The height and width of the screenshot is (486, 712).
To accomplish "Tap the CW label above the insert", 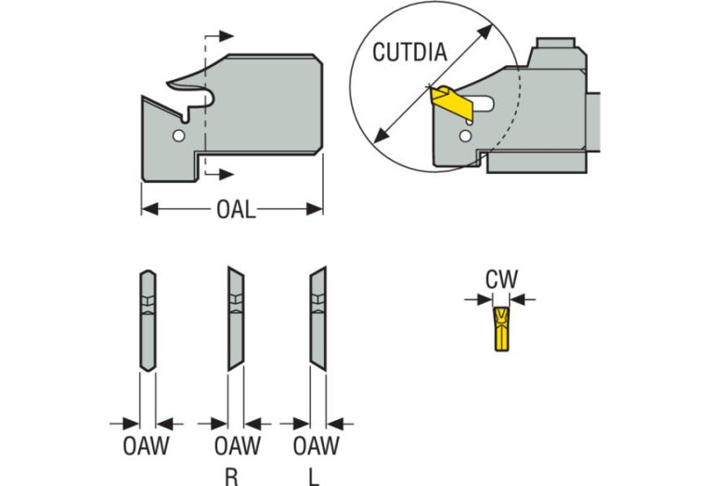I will pos(501,279).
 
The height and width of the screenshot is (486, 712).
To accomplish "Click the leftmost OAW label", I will pos(146,445).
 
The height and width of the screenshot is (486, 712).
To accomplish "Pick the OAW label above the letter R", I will pos(237,445).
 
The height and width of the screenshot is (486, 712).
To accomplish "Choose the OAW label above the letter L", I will pos(316,445).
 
